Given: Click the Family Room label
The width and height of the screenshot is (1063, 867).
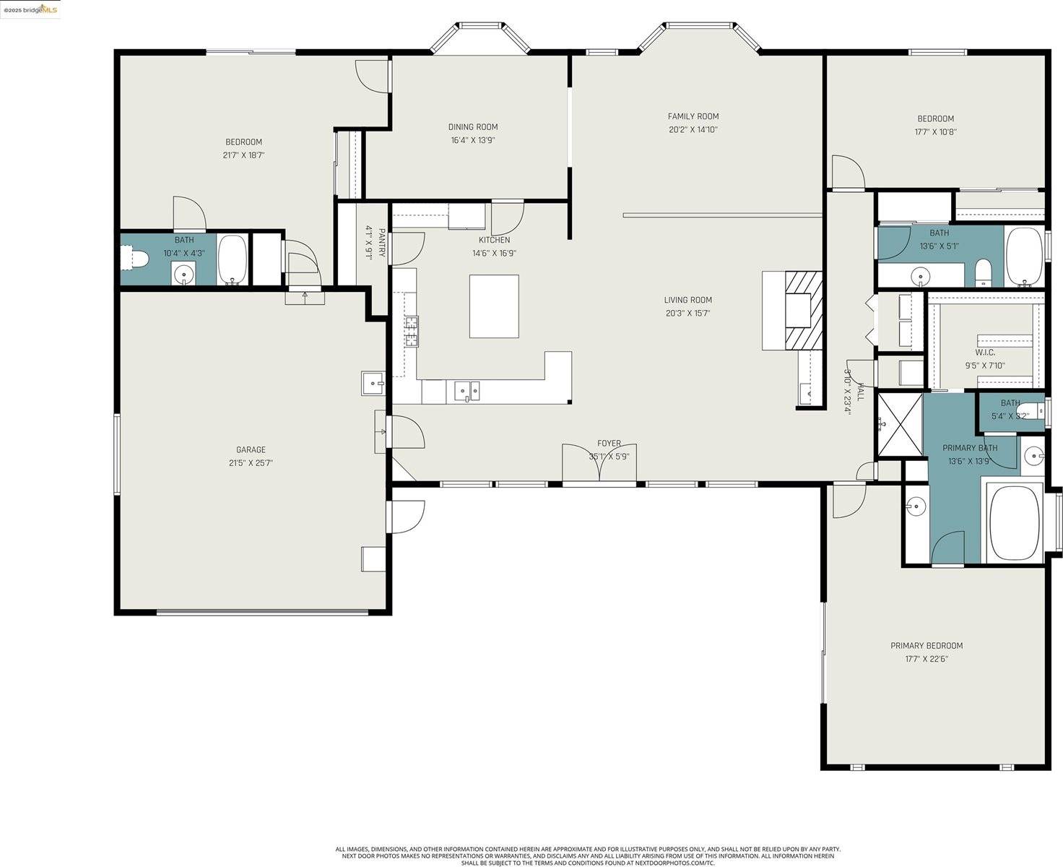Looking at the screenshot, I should coord(693,116).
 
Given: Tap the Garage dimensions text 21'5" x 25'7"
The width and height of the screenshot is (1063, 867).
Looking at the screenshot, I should coord(251,463).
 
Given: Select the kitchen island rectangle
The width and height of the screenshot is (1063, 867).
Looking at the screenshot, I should coord(494,306).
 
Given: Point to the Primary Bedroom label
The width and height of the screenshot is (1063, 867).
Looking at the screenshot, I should coord(926,646).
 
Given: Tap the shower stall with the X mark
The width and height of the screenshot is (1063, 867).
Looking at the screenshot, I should coord(899,425).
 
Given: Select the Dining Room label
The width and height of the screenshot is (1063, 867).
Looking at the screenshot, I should coord(473,127).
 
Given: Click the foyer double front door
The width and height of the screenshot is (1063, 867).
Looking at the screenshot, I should coord(599,462).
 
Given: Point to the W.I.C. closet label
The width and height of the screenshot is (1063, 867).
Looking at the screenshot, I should coord(985,353).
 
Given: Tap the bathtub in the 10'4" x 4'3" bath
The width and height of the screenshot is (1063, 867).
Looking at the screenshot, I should coord(232,259).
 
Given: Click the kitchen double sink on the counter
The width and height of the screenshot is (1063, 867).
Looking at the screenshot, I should coord(467,391).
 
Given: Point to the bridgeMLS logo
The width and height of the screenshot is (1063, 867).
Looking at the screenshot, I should coord(30,9).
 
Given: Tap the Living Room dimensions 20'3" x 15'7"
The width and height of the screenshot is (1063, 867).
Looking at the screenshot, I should coord(687,314).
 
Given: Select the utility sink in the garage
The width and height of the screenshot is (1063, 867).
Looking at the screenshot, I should coord(373,383).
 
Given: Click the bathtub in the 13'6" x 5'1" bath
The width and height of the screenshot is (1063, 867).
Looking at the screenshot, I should coord(1024,256).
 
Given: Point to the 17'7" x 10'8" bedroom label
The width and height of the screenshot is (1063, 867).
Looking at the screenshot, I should coord(935,119).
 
